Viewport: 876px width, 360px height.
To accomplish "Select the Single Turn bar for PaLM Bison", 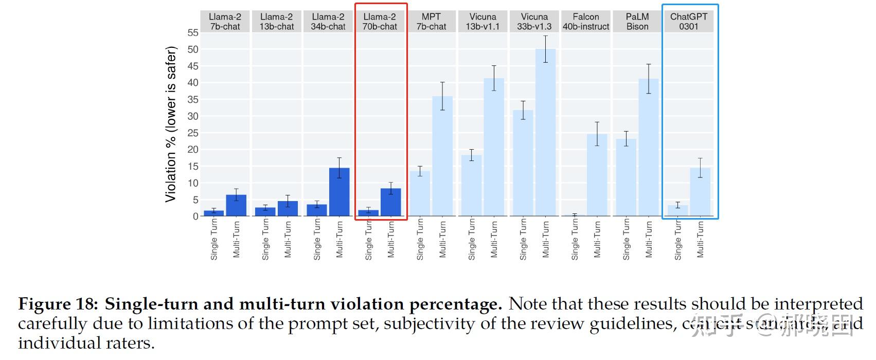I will (626, 177).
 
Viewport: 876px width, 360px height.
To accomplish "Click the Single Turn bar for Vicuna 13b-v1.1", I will (471, 186).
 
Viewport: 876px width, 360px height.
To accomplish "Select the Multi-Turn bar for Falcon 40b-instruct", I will (597, 175).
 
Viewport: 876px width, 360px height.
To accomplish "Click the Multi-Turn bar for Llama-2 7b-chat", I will (236, 205).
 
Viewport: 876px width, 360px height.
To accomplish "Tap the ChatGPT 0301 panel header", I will (689, 22).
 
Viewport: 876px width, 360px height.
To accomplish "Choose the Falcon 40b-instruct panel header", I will (586, 22).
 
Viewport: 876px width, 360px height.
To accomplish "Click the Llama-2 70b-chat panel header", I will (380, 22).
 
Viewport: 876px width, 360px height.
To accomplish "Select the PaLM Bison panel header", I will (637, 22).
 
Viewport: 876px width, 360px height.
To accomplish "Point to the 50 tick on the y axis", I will (192, 49).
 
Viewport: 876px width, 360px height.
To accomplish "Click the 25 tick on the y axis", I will (192, 133).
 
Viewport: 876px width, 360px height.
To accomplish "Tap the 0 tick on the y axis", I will (195, 217).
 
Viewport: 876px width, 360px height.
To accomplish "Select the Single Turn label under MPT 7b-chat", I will (420, 239).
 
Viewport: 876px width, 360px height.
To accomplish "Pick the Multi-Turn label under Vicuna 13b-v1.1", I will (494, 239).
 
